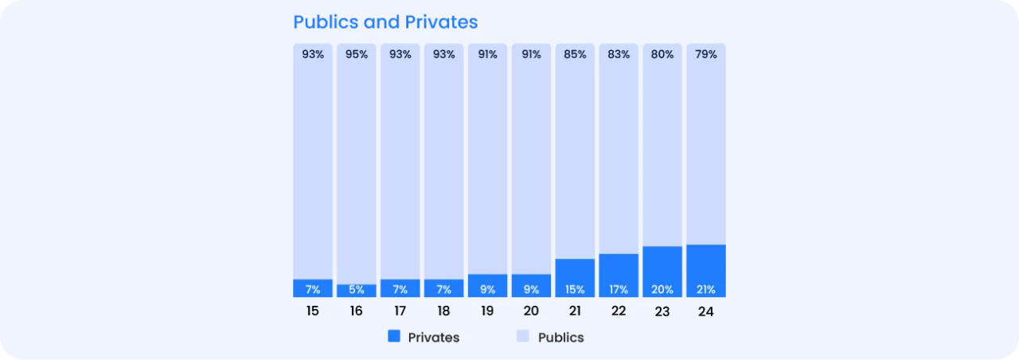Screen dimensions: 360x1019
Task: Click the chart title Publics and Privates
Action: [385, 22]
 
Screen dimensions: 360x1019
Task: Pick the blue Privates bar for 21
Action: [575, 273]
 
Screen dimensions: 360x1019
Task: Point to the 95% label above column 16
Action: [357, 54]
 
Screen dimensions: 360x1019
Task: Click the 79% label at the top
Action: [706, 54]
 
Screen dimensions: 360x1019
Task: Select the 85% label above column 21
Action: [575, 54]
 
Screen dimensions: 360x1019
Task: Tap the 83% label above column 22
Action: [619, 54]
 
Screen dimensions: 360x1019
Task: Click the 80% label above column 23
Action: [662, 54]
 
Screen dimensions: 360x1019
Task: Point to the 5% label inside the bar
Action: [357, 290]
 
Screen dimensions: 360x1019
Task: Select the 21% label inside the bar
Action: [706, 290]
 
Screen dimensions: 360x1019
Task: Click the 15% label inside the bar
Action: [575, 290]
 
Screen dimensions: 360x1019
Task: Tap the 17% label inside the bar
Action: [619, 290]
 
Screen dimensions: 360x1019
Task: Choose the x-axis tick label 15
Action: [313, 311]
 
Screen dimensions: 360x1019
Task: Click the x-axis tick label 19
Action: [487, 311]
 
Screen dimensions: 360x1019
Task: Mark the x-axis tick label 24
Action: [706, 312]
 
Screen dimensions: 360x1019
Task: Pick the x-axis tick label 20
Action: [531, 311]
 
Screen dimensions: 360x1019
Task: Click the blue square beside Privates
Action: [394, 336]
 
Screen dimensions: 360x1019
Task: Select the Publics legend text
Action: [561, 338]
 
